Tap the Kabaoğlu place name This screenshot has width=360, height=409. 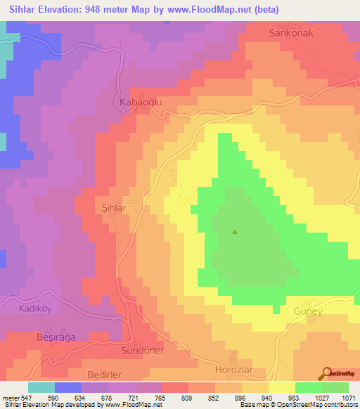(133, 102)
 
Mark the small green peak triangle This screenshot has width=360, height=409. (235, 232)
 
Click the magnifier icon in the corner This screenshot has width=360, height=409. (326, 375)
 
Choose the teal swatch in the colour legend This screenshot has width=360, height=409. (41, 387)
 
